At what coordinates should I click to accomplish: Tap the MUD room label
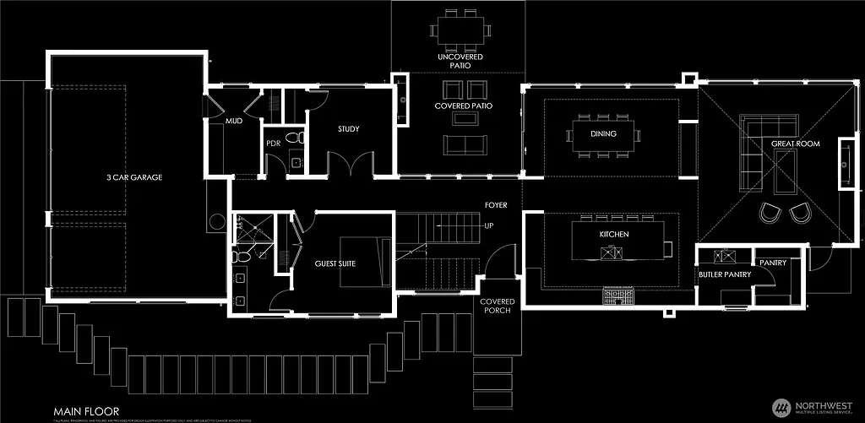point(234,122)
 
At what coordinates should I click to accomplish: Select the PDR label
point(273,143)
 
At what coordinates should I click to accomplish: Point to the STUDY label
point(349,129)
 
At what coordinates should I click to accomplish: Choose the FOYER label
point(495,205)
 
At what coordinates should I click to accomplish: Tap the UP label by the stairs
point(488,226)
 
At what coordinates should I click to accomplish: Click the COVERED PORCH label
point(497,307)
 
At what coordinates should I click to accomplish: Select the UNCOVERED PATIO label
point(460,62)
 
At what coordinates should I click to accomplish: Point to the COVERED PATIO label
point(464,106)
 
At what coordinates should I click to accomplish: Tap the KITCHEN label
point(614,233)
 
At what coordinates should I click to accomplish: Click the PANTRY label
point(773,263)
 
